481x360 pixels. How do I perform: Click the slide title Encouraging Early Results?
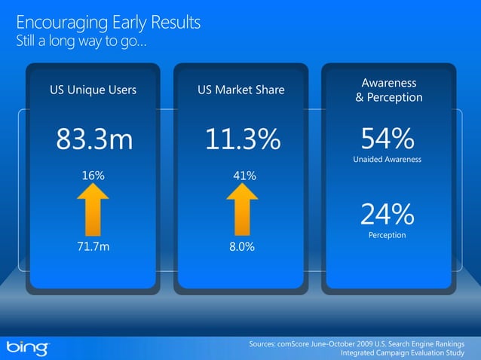[108, 22]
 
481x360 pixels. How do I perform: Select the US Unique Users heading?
[93, 90]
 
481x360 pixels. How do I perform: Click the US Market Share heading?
[241, 90]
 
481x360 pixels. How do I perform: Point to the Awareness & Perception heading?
[389, 90]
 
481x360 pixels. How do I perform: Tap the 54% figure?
[388, 138]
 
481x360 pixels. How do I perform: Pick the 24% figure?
[387, 215]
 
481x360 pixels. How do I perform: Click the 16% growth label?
[93, 175]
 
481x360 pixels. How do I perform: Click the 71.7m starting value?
[93, 246]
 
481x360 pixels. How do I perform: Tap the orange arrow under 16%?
[93, 210]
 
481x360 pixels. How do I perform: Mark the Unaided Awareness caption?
[387, 160]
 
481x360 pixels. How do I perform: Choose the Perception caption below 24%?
[387, 236]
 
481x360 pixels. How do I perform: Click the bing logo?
[28, 347]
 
